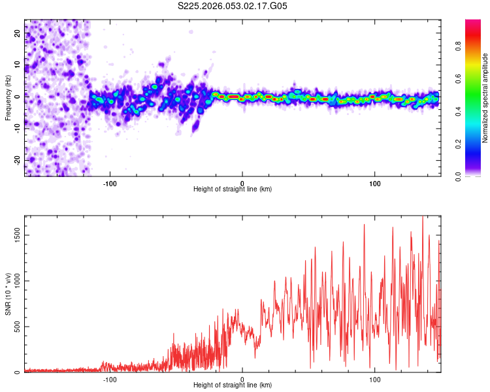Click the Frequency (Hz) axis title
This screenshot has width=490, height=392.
[x=8, y=98]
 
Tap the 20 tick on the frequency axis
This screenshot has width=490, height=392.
[x=18, y=34]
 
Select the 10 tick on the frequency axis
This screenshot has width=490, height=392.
[x=18, y=65]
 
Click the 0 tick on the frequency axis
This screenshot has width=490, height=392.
[x=18, y=97]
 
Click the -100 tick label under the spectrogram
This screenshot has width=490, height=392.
[x=110, y=183]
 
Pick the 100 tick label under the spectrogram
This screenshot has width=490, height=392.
[x=375, y=183]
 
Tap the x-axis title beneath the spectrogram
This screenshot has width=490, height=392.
[x=233, y=189]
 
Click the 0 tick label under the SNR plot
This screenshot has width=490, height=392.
[x=242, y=379]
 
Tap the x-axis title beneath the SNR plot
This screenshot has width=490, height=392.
[x=233, y=385]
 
